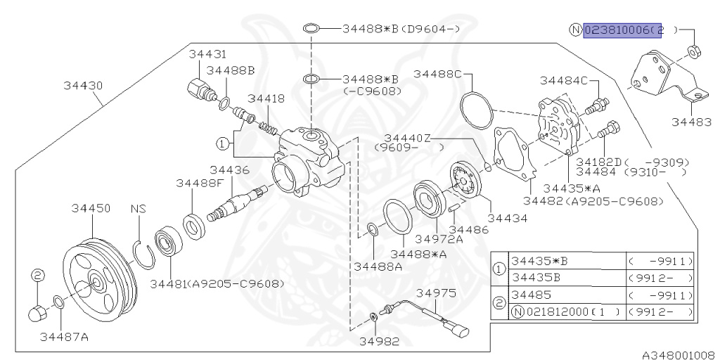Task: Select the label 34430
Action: click(82, 86)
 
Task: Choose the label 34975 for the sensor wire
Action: click(436, 292)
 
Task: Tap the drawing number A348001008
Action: click(677, 354)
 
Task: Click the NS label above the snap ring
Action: click(138, 209)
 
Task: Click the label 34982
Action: click(379, 342)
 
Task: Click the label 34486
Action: click(469, 230)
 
